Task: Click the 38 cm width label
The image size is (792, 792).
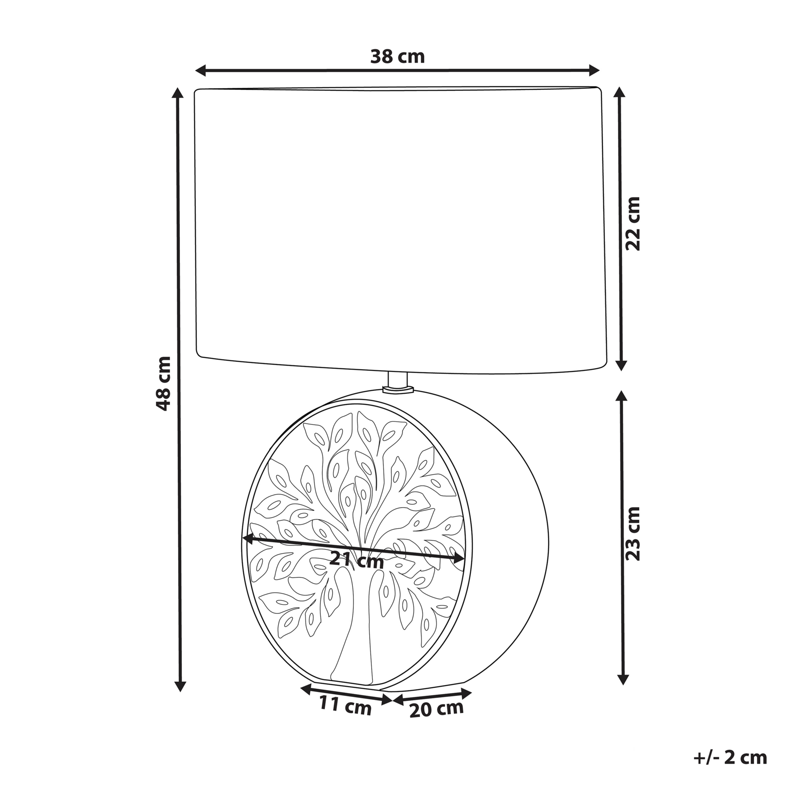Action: coord(397,57)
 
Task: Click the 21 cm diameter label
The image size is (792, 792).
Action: coord(356,560)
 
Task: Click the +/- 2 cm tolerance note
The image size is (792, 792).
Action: coord(730,757)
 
